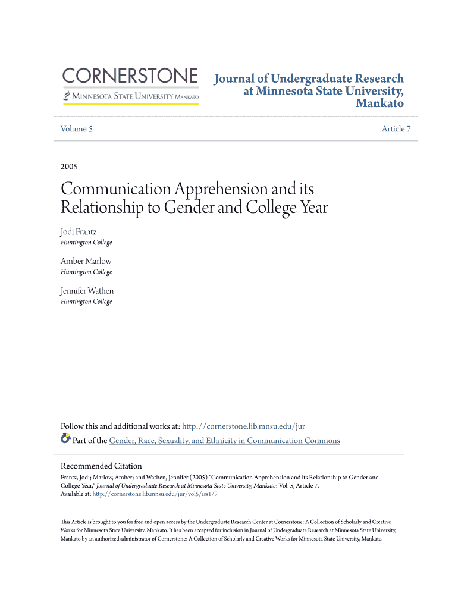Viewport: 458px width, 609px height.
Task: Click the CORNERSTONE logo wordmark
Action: click(x=130, y=76)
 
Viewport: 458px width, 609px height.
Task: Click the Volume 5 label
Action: click(x=77, y=129)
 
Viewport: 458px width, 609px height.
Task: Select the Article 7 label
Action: click(x=396, y=129)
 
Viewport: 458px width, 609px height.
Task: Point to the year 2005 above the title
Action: click(x=69, y=167)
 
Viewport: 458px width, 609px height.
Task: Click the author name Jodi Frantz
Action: click(x=79, y=232)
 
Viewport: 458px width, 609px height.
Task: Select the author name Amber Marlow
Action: click(x=86, y=261)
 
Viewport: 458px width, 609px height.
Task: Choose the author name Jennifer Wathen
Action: click(x=87, y=291)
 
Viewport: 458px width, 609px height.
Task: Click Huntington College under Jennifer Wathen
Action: click(x=86, y=302)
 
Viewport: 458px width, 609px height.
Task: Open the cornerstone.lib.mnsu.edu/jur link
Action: click(x=243, y=426)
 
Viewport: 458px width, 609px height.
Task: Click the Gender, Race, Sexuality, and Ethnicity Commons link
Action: click(x=224, y=441)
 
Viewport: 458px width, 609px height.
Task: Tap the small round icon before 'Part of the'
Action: click(x=65, y=440)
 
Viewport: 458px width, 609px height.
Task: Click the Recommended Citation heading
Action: click(x=101, y=466)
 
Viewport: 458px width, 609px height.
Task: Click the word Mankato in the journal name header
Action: click(x=379, y=104)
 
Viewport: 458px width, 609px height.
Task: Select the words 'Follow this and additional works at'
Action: click(x=120, y=426)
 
